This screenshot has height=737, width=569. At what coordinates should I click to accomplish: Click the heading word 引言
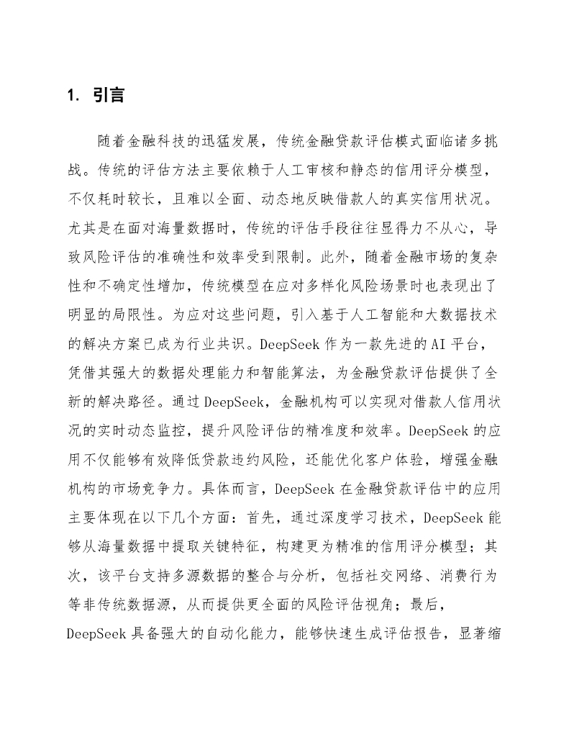click(109, 95)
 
